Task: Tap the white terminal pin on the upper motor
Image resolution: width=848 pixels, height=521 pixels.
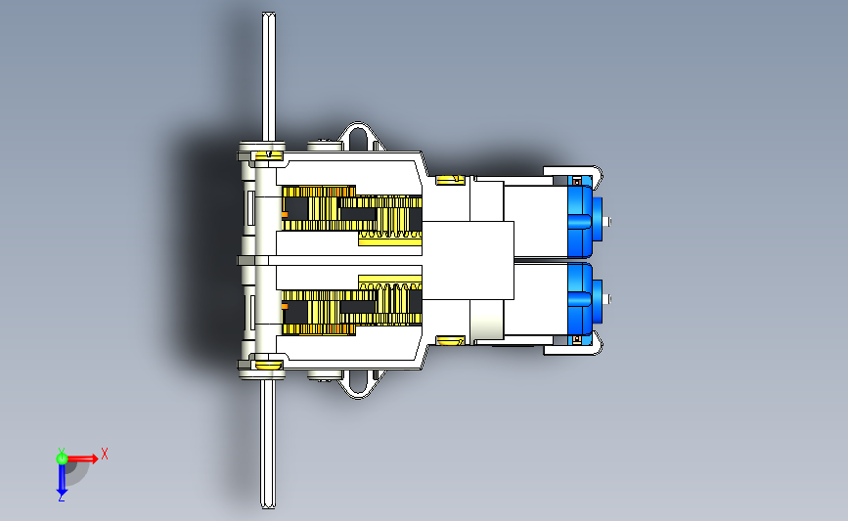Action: [607, 221]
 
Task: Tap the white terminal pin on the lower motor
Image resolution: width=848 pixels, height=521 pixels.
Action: [607, 298]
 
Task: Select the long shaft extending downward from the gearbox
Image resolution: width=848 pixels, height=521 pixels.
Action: [268, 443]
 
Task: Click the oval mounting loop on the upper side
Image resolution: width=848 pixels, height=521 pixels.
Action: [358, 137]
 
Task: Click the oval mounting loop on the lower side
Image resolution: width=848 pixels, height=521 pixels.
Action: [358, 384]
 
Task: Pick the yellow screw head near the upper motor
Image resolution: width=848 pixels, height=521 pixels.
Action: [450, 180]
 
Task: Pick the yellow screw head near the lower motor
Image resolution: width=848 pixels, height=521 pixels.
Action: [450, 340]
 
